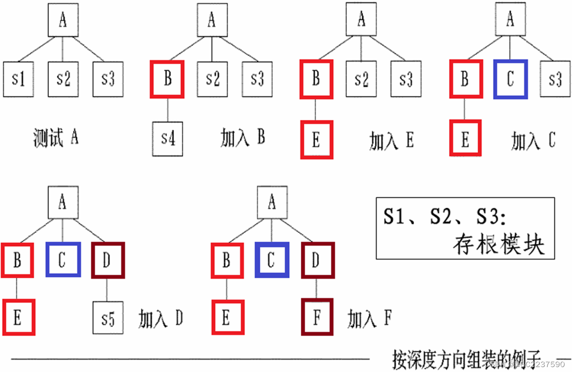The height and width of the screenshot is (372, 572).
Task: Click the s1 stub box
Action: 18,79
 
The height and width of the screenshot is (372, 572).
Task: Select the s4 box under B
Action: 167,140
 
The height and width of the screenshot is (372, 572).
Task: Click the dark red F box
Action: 317,317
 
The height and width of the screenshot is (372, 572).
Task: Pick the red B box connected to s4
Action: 167,79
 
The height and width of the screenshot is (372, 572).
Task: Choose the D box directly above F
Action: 317,260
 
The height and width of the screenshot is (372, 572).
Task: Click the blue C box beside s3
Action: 510,79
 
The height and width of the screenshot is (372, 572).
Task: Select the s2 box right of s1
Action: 63,79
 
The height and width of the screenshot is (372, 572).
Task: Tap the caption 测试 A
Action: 55,138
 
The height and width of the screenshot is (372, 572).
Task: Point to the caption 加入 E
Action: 391,141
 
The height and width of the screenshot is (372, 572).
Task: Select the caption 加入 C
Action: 532,141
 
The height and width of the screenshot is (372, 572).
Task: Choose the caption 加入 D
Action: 161,319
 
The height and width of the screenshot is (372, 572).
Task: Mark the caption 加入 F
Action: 369,319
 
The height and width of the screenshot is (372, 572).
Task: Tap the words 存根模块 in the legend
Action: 499,244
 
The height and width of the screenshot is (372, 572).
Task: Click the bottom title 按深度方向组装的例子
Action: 467,356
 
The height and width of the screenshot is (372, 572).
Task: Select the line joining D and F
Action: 317,289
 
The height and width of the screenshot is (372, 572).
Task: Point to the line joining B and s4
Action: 167,110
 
